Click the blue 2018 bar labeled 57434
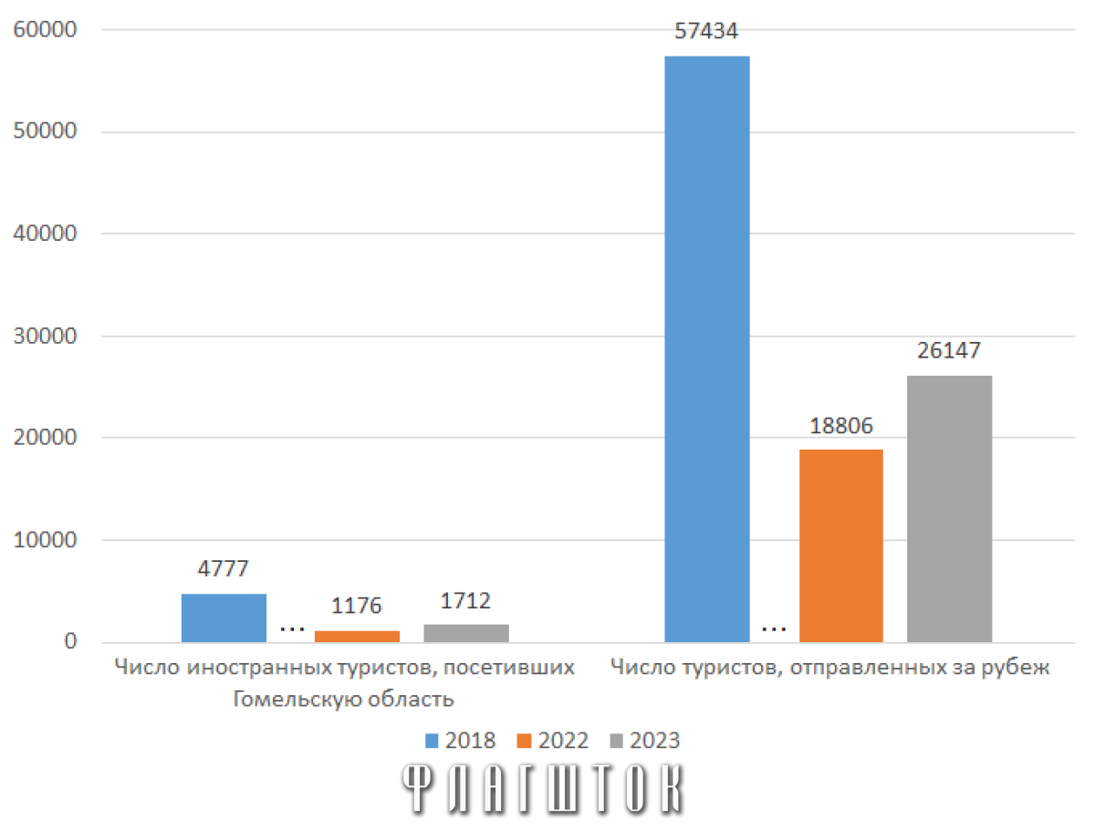point(706,349)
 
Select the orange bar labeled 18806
point(840,545)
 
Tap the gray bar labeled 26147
point(949,508)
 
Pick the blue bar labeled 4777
point(224,617)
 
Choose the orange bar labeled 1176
point(357,636)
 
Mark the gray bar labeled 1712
point(466,633)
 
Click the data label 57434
point(706,31)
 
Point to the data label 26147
point(949,350)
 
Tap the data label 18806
point(841,426)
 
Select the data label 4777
point(223,569)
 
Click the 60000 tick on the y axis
point(45,29)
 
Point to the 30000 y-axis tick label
point(45,336)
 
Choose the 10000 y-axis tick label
point(45,540)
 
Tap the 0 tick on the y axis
point(71,641)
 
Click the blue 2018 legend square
point(432,741)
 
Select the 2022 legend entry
point(552,741)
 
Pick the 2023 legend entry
point(644,741)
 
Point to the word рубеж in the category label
point(1016,668)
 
